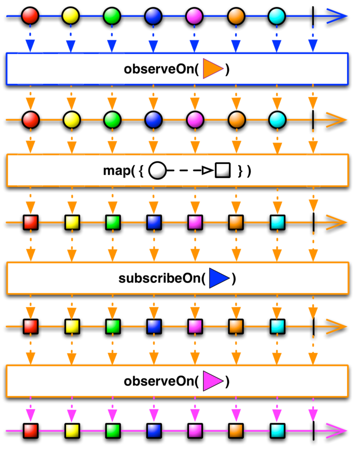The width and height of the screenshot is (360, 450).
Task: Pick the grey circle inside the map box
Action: [x=157, y=171]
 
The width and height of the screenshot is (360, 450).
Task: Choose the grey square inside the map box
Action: [x=222, y=171]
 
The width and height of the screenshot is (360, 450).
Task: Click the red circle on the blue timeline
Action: [x=30, y=16]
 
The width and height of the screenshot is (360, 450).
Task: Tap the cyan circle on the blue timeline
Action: [x=276, y=16]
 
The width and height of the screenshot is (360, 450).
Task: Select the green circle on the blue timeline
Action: [x=112, y=16]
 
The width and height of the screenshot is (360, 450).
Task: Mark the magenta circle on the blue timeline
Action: [x=194, y=16]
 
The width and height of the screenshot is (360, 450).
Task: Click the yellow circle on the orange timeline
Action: [x=71, y=120]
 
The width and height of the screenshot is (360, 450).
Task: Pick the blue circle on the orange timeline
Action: [x=153, y=120]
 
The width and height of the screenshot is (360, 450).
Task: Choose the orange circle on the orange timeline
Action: [x=235, y=120]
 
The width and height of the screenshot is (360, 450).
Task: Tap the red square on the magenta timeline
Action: [x=31, y=430]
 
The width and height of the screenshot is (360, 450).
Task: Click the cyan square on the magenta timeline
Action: [x=277, y=430]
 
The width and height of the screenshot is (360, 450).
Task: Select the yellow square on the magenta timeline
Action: [x=72, y=430]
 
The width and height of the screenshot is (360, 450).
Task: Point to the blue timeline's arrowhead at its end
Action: [x=338, y=16]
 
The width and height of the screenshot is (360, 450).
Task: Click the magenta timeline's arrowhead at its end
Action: [x=338, y=430]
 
